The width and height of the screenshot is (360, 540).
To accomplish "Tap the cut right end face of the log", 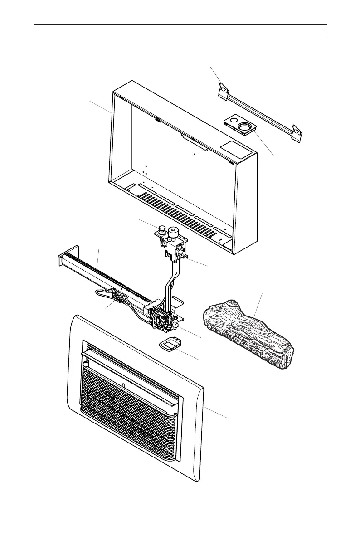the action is [x=287, y=357].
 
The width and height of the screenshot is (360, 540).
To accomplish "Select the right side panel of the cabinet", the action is [x=248, y=204].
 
